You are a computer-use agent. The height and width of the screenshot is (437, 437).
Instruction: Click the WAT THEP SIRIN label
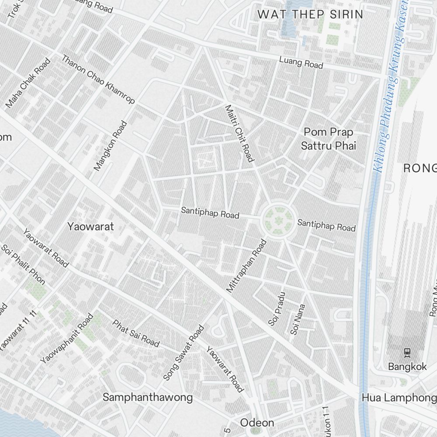[x=310, y=14]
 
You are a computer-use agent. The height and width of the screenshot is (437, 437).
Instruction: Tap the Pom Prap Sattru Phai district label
[x=329, y=139]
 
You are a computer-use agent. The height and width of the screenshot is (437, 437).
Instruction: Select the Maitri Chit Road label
[x=239, y=133]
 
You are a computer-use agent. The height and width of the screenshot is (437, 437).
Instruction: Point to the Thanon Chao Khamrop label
[x=98, y=79]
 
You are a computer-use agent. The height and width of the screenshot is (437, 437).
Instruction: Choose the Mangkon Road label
[x=110, y=146]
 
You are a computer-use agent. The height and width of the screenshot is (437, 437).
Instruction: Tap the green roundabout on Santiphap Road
[x=277, y=221]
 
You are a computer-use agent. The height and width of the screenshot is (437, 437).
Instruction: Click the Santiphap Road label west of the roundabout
[x=210, y=213]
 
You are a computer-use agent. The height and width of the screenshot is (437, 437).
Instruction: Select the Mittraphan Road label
[x=246, y=266]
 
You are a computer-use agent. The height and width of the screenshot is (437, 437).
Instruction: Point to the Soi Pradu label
[x=277, y=309]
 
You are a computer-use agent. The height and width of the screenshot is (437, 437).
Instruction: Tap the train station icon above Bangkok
[x=407, y=352]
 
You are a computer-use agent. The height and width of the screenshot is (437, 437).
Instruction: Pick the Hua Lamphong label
[x=399, y=398]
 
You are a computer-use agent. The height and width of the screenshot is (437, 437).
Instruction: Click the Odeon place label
[x=257, y=423]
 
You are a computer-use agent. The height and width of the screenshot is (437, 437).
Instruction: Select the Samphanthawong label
[x=147, y=397]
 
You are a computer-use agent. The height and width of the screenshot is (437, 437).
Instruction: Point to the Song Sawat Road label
[x=184, y=352]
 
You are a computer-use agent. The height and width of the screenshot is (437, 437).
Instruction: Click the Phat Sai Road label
[x=136, y=333]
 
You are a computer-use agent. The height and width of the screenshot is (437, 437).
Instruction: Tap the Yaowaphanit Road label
[x=66, y=338]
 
